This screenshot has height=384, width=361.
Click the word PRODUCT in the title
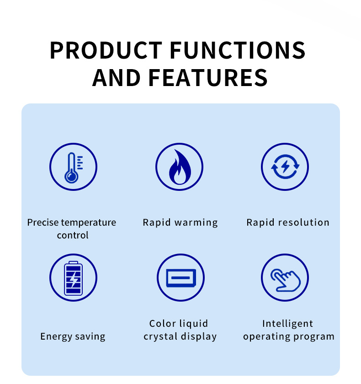point(106,50)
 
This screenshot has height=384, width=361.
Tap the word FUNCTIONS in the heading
point(238,50)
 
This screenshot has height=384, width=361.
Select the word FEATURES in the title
point(208,78)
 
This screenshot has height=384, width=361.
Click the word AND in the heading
point(116,78)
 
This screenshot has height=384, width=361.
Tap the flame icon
point(180,167)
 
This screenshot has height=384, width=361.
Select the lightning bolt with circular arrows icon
point(285,167)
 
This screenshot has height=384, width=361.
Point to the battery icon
point(74,278)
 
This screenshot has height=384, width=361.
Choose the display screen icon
point(181,278)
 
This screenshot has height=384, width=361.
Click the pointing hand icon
point(286,280)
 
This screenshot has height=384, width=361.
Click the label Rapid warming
point(180,222)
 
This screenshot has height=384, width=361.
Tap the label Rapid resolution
point(288,222)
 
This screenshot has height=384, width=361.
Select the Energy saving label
point(73,336)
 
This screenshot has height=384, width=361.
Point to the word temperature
point(89,222)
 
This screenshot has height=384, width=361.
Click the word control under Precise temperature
point(73,235)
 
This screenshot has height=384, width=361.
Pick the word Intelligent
point(287,324)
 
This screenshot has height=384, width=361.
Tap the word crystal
point(161,336)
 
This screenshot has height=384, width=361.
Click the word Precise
point(43,222)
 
